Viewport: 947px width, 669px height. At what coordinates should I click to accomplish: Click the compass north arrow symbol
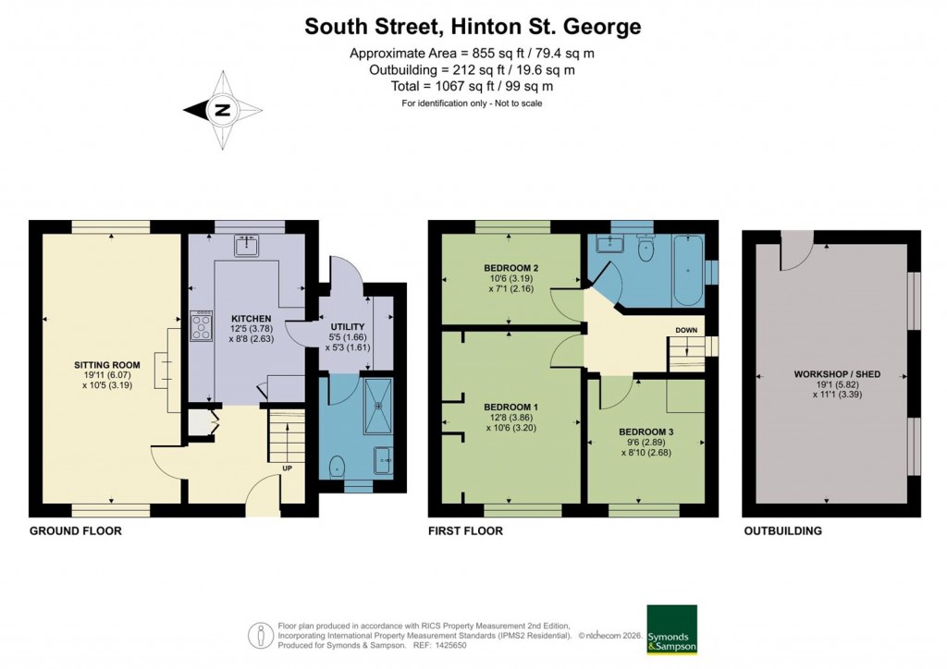click(222, 110)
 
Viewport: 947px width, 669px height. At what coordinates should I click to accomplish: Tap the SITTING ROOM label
click(105, 366)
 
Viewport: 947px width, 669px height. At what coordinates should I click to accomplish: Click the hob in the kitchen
click(201, 325)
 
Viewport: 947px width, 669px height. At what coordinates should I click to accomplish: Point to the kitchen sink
click(247, 246)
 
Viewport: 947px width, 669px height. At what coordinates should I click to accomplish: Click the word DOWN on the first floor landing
click(686, 331)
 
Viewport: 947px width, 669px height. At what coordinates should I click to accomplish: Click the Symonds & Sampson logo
click(671, 629)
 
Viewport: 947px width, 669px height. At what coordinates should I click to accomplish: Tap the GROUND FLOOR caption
click(76, 531)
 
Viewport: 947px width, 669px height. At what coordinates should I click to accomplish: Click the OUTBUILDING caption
click(782, 531)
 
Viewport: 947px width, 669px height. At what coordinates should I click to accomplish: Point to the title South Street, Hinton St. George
click(473, 27)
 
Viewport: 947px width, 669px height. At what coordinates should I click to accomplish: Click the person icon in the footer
click(260, 635)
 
